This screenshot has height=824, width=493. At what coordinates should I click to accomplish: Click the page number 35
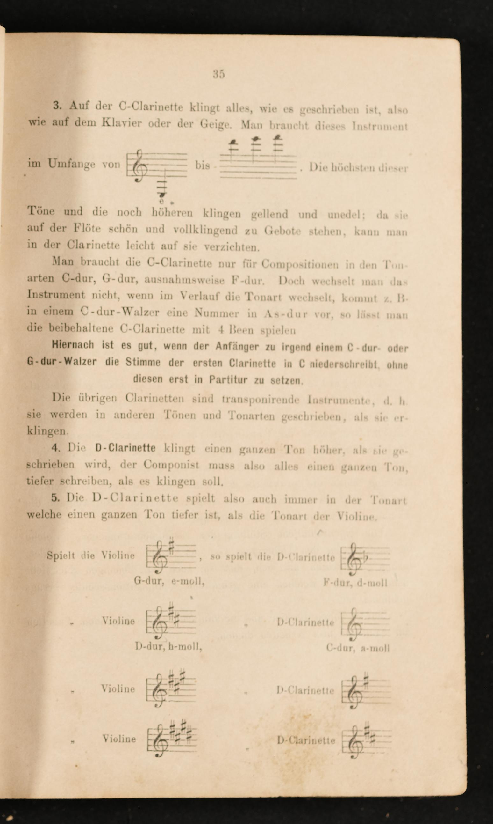point(219,74)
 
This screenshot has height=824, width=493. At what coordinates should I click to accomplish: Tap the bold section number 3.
point(57,106)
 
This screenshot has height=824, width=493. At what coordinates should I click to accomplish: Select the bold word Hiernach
point(73,345)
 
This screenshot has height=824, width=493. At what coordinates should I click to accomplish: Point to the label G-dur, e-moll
point(169,581)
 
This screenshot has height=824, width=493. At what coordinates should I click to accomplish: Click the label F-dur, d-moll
point(355,583)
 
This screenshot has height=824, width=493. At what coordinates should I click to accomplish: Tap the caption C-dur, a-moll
point(358,648)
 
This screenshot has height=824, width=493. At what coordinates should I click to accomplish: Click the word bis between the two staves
point(203,165)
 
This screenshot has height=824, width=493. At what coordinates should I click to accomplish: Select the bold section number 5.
point(55,498)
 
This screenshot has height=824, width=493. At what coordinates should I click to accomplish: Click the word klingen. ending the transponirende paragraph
point(47,431)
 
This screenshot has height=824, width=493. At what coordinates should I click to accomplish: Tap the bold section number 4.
point(55,448)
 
